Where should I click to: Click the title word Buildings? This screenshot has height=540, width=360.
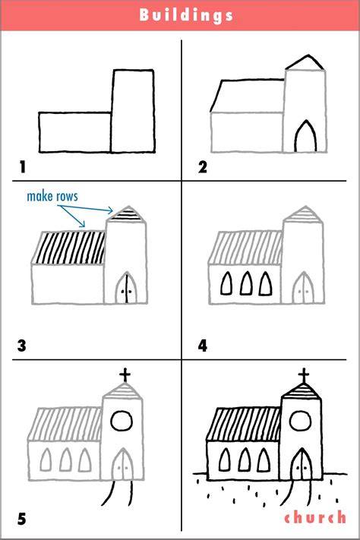click(186, 15)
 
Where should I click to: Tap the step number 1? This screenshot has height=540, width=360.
click(23, 167)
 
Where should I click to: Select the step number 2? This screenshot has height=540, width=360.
click(203, 167)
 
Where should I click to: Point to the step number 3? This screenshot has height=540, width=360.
click(22, 346)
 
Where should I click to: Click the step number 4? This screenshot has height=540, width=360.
click(203, 346)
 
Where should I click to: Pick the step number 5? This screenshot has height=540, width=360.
click(22, 519)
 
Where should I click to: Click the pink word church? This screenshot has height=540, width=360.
click(315, 517)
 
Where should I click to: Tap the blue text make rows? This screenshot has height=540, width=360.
click(52, 196)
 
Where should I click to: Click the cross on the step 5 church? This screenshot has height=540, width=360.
click(125, 374)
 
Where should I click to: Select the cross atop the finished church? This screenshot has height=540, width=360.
click(304, 374)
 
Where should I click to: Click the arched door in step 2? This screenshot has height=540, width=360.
click(295, 137)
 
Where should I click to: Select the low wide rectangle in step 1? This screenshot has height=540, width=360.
click(39, 132)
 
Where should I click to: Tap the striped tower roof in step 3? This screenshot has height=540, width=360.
click(126, 214)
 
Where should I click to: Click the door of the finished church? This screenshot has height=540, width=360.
click(302, 464)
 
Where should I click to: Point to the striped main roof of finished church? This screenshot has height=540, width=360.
click(245, 424)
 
